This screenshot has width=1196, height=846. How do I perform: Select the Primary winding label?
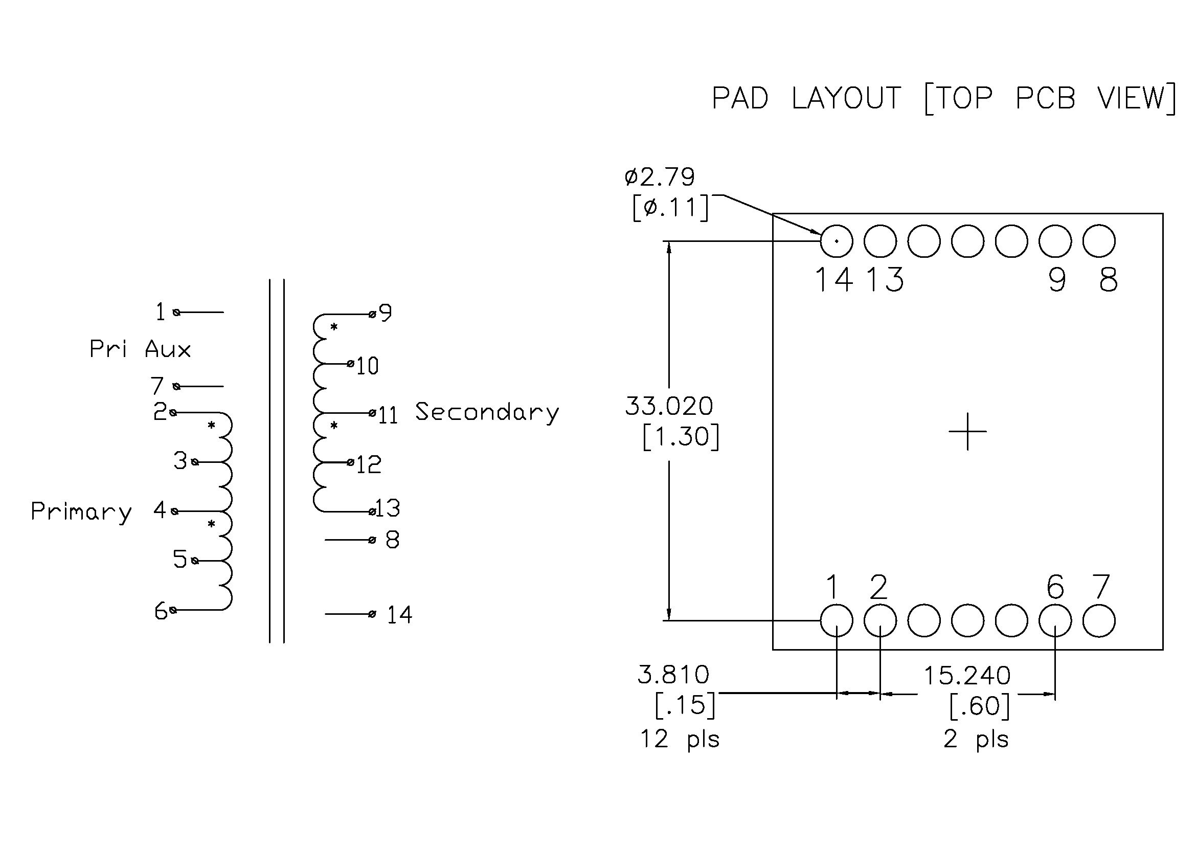(81, 511)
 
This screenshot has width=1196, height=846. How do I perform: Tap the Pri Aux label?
(140, 349)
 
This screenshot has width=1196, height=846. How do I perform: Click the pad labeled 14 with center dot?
(837, 241)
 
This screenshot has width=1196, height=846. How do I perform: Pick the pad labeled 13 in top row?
(881, 241)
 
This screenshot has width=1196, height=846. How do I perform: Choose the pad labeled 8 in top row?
(1099, 241)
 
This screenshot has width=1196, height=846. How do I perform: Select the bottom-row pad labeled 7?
(1099, 620)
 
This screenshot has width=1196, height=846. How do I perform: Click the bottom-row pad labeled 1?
(837, 620)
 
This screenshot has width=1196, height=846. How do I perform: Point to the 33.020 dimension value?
(669, 406)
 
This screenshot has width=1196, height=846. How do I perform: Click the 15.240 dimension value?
(967, 676)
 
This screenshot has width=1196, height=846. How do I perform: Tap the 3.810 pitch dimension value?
(673, 675)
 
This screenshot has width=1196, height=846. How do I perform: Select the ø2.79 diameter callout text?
(660, 177)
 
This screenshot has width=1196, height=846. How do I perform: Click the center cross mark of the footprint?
(968, 431)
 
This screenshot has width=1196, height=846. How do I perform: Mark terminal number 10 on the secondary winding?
(367, 366)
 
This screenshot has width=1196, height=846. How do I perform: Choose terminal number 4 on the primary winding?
(160, 510)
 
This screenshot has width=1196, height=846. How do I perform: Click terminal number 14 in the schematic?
(399, 615)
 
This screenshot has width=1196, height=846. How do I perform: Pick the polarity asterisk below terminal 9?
(334, 327)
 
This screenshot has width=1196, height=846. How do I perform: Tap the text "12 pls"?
(679, 739)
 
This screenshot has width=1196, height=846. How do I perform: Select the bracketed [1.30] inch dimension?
(681, 436)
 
